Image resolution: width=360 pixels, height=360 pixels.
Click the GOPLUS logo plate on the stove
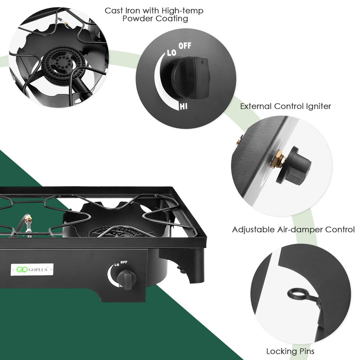33,269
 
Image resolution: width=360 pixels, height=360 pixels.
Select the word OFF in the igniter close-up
185,46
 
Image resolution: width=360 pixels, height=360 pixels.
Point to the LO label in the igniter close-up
171,53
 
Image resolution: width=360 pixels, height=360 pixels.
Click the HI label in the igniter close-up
184,107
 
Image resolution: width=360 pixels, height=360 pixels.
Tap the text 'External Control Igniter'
285,107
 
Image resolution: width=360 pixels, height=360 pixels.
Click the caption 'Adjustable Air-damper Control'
293,229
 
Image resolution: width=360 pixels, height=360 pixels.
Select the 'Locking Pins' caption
290,351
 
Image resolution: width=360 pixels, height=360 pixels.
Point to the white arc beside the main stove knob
112,275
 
